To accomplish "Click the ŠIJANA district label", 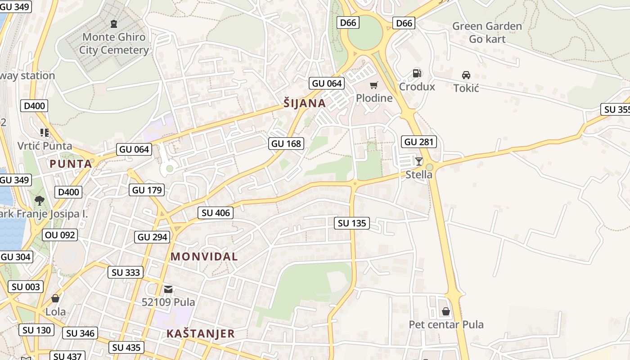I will click(x=305, y=103).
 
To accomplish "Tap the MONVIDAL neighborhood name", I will click(x=204, y=256).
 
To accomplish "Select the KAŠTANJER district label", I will click(x=201, y=333).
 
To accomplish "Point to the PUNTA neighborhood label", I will click(x=71, y=164).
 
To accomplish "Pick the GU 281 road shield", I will click(x=419, y=142).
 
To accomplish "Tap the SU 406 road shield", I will click(x=216, y=213).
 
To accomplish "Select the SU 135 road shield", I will click(x=352, y=223).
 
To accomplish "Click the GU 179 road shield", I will click(x=147, y=190).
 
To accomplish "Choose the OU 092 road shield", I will click(x=60, y=234).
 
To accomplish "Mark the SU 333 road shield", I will click(x=126, y=272).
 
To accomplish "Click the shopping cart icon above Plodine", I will click(x=373, y=85).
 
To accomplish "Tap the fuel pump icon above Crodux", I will click(x=417, y=73).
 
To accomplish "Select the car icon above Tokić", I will click(x=466, y=75).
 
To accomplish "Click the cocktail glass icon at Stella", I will click(x=419, y=161).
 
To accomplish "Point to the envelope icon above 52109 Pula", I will click(x=168, y=289).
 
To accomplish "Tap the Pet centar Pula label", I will click(x=446, y=324).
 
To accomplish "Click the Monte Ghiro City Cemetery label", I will click(x=114, y=43).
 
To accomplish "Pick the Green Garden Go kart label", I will click(x=487, y=32).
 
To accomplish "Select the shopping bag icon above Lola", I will click(x=55, y=298).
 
